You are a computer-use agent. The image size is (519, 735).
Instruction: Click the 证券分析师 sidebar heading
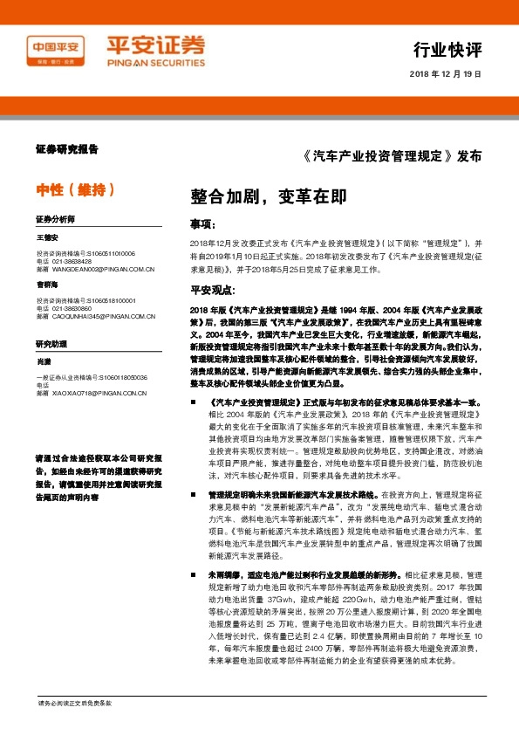55,218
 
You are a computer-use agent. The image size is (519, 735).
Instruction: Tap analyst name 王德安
47,237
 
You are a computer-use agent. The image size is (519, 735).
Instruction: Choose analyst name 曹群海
47,285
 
